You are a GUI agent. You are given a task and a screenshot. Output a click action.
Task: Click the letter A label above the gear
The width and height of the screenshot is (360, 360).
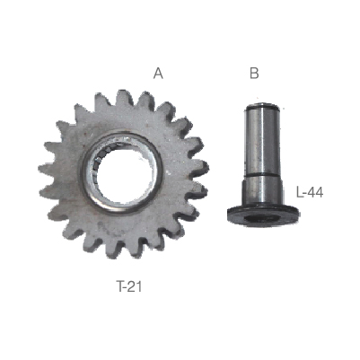(x=158, y=73)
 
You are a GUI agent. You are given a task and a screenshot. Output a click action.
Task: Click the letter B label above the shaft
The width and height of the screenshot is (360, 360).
(x=254, y=73)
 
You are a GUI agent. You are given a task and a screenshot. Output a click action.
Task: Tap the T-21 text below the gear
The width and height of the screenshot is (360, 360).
(x=129, y=286)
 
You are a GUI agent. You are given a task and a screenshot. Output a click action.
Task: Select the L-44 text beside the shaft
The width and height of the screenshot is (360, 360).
(x=310, y=192)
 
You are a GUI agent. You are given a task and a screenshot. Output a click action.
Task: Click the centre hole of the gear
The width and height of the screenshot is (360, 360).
(x=123, y=173)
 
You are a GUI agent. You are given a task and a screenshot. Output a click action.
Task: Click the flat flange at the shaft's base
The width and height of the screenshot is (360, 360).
(x=263, y=215)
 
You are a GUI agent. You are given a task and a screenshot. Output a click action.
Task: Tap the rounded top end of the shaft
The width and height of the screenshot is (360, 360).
(x=263, y=106)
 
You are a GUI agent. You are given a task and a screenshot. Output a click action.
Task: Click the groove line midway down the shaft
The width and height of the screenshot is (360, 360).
(x=262, y=174)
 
